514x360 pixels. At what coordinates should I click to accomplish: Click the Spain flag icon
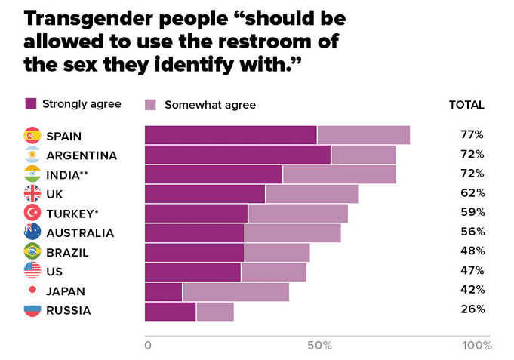pos(32,136)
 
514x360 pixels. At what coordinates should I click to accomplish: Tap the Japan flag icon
pos(32,291)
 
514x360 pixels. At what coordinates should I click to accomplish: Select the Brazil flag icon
pos(32,251)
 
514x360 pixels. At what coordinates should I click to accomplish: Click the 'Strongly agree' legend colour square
pos(31,103)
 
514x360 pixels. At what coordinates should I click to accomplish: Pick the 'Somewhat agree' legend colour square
pos(150,105)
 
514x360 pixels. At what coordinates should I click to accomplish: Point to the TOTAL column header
pos(466,105)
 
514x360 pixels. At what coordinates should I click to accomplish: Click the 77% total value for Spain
pos(472,135)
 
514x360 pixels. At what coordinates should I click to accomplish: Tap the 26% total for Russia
pos(472,309)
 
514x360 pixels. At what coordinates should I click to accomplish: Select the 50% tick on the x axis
pos(320,346)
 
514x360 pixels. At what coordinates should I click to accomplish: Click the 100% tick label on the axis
pos(477,346)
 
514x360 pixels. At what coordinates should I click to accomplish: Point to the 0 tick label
pos(148,346)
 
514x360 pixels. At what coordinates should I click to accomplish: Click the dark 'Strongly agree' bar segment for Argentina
pos(238,155)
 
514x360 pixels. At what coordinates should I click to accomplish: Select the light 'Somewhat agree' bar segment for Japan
pos(235,291)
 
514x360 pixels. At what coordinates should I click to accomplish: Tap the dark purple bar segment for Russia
pos(170,311)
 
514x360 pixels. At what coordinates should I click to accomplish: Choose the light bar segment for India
pos(339,174)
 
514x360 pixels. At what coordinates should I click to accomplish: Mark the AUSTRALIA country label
pos(80,232)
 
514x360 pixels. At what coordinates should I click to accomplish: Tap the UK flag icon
pos(32,194)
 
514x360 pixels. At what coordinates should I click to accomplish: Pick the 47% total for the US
pos(472,269)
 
